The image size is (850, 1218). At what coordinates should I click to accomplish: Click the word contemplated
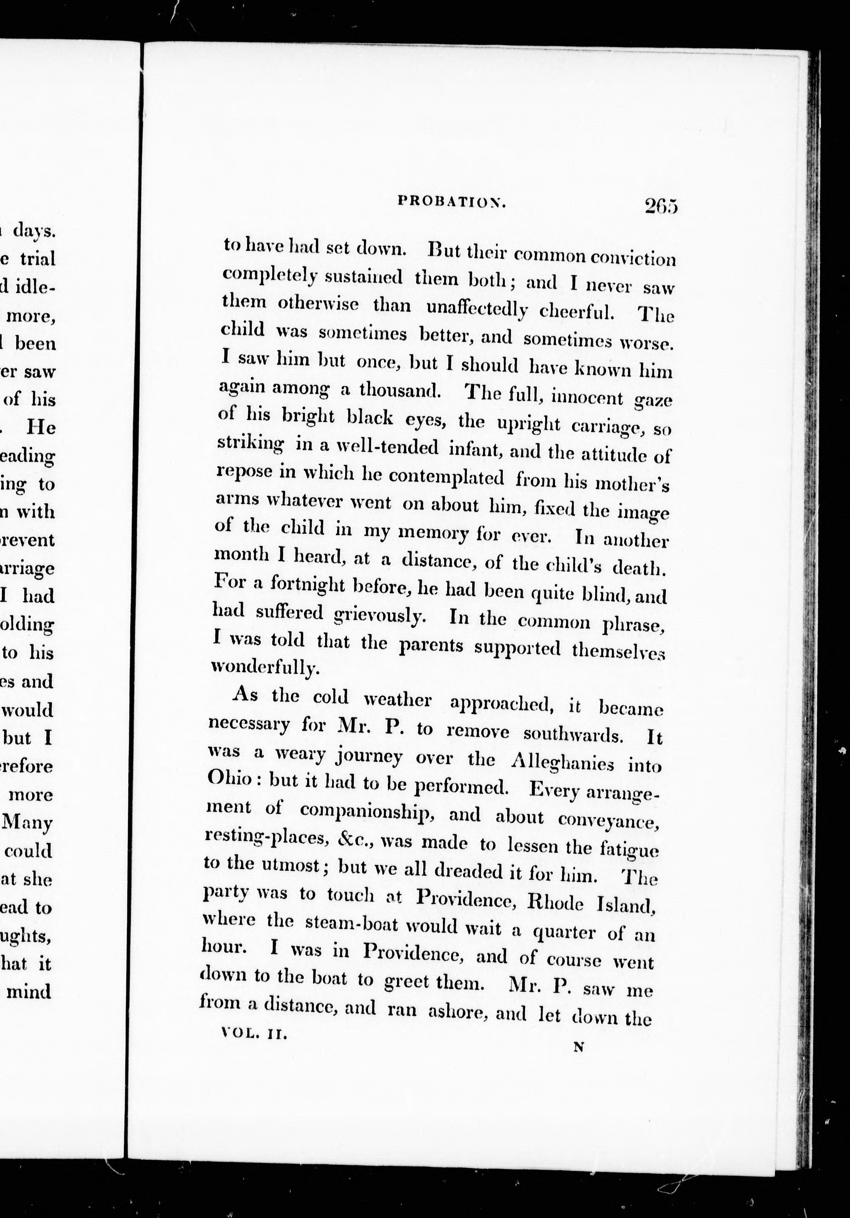click(x=446, y=477)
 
